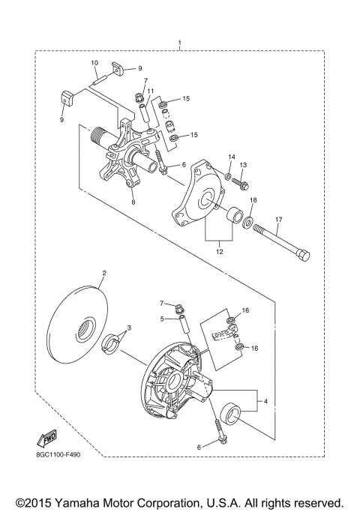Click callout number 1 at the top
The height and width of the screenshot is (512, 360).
pyautogui.click(x=179, y=42)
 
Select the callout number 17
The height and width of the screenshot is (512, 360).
pyautogui.click(x=277, y=220)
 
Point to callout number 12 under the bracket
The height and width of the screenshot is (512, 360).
pyautogui.click(x=220, y=253)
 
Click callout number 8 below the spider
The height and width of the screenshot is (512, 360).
pyautogui.click(x=133, y=202)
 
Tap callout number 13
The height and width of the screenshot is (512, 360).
pyautogui.click(x=242, y=165)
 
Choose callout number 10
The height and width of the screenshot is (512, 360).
pyautogui.click(x=94, y=62)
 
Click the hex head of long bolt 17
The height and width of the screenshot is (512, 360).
pyautogui.click(x=302, y=256)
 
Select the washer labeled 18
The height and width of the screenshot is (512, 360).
pyautogui.click(x=247, y=222)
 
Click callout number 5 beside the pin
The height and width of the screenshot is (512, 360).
pyautogui.click(x=160, y=318)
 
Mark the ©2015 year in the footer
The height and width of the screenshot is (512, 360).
pyautogui.click(x=31, y=502)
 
